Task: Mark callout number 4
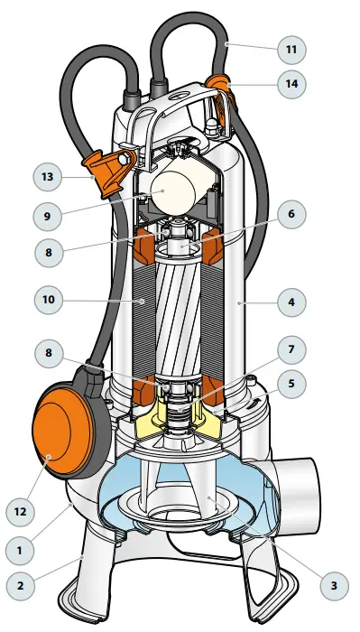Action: (291, 303)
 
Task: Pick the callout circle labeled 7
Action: (291, 348)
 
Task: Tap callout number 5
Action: (291, 382)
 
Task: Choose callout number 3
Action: (334, 585)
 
